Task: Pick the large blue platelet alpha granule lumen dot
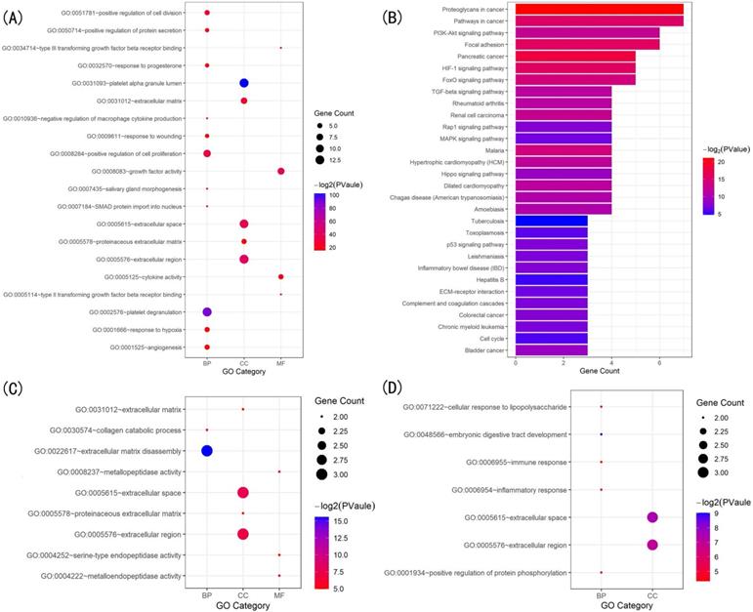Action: point(244,83)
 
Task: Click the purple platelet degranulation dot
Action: point(207,312)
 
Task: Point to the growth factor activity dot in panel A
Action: point(281,171)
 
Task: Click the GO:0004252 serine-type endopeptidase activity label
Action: point(112,554)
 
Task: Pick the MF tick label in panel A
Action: point(281,363)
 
